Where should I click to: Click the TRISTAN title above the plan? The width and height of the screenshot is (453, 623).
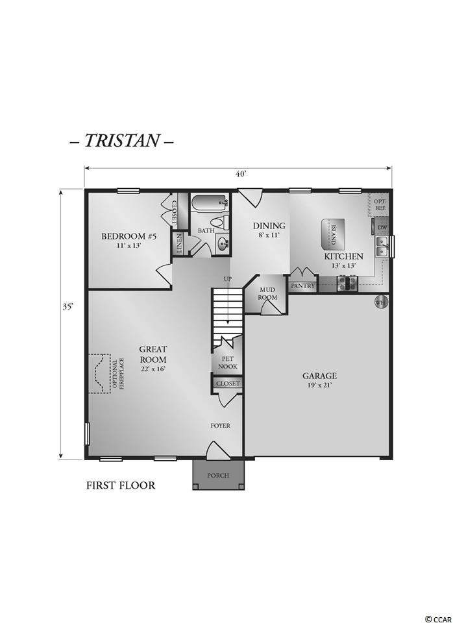[121, 141]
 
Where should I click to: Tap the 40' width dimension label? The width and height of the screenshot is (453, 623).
[241, 174]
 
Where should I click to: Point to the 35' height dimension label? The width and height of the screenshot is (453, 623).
[68, 307]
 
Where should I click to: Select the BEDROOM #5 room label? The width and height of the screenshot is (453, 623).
[129, 236]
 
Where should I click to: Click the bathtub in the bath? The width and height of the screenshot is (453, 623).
[210, 202]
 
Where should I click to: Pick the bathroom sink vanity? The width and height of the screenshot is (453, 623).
[222, 243]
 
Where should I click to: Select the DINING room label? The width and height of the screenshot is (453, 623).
[269, 226]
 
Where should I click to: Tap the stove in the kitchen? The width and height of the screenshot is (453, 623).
[347, 284]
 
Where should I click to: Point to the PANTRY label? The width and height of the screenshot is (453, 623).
[303, 286]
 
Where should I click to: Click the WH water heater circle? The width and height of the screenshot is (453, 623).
[381, 302]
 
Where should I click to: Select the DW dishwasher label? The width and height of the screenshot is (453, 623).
[382, 228]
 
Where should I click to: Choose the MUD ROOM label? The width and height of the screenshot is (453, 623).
[267, 293]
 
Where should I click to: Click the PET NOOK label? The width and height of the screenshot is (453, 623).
[228, 362]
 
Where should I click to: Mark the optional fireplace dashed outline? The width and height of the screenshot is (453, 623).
[99, 374]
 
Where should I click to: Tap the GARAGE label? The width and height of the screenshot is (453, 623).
[319, 376]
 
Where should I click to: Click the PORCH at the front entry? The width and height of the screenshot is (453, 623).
[218, 475]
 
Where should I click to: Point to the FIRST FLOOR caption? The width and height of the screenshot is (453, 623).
[121, 485]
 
